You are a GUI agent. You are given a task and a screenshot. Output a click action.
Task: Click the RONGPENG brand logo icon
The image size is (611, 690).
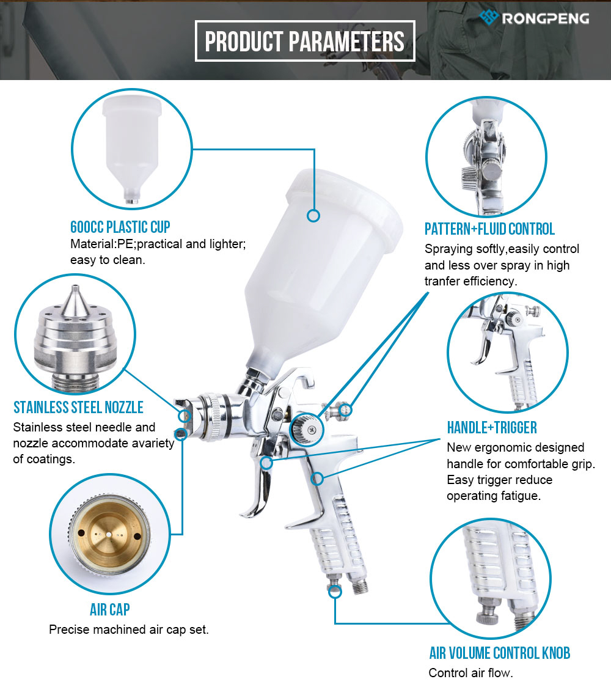pyautogui.click(x=489, y=18)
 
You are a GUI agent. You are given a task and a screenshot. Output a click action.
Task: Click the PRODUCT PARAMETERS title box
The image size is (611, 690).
pyautogui.click(x=305, y=41)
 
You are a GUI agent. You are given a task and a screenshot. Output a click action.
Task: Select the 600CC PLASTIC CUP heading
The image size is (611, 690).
pyautogui.click(x=120, y=227)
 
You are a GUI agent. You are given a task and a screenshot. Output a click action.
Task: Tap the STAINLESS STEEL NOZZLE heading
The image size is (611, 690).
pyautogui.click(x=78, y=408)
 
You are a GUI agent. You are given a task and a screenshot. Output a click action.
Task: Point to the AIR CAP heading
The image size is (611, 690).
pyautogui.click(x=109, y=610)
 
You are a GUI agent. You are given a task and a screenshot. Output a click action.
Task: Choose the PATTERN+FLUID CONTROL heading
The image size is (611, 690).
pyautogui.click(x=489, y=229)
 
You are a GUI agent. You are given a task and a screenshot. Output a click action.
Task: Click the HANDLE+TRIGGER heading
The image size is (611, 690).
pyautogui.click(x=492, y=428)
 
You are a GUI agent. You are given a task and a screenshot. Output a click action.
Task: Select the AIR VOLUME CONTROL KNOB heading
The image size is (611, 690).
pyautogui.click(x=500, y=653)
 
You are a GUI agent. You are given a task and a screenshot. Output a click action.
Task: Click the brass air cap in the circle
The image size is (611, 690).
pyautogui.click(x=109, y=534)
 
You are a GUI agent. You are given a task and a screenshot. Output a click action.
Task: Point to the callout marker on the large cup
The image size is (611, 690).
pyautogui.click(x=313, y=216)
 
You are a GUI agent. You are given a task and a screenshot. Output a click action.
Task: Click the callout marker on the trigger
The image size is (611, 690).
pyautogui.click(x=266, y=463)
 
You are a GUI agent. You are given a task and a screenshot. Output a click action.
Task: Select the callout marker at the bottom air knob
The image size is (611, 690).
pyautogui.click(x=335, y=592)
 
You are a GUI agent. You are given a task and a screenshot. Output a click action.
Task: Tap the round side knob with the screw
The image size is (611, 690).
pyautogui.click(x=307, y=430)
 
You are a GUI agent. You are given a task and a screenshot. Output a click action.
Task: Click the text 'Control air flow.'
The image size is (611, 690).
pyautogui.click(x=470, y=673)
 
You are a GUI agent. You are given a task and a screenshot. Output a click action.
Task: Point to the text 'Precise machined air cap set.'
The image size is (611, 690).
pyautogui.click(x=129, y=629)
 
